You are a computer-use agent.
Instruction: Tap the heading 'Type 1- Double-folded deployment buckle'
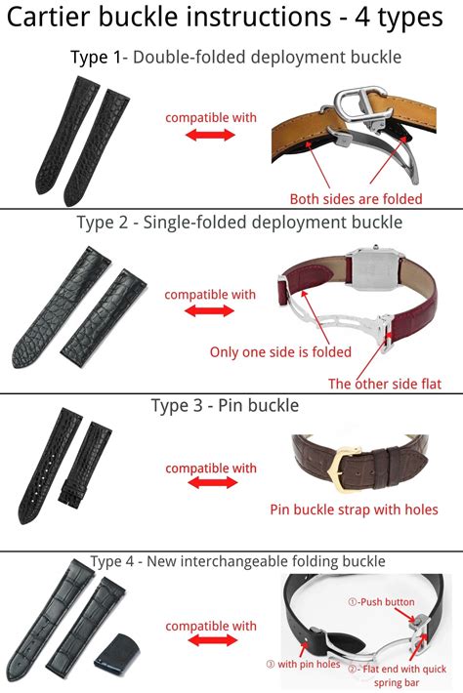(235, 57)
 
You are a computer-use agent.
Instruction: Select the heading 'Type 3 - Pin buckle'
(225, 404)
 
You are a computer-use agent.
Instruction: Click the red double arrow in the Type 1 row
(210, 136)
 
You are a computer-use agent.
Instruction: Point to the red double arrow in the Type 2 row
(209, 311)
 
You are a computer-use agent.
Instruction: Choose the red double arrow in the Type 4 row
(210, 641)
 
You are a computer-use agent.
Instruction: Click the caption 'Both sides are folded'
(356, 198)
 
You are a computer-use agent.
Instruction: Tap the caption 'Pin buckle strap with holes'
(353, 510)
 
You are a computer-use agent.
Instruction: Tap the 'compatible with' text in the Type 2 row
(210, 294)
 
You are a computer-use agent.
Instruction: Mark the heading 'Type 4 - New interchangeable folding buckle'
(237, 561)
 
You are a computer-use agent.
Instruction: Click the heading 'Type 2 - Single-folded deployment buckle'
(239, 222)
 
